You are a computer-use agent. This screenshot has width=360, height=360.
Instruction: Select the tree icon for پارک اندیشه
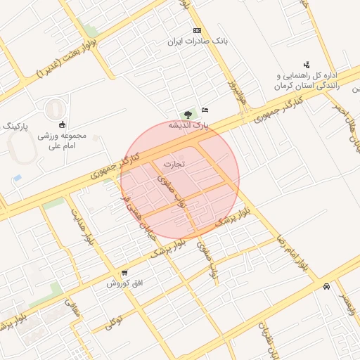(188, 115)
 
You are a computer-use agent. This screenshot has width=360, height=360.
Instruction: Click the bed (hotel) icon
(205, 110)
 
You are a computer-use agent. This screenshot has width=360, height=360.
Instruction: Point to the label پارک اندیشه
(188, 125)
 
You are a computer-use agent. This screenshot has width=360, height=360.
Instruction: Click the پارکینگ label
(18, 125)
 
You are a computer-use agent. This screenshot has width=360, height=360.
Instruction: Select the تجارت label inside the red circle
(173, 165)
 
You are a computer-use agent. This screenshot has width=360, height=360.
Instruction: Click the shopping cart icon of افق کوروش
(124, 273)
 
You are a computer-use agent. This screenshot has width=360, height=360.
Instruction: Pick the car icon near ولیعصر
(326, 286)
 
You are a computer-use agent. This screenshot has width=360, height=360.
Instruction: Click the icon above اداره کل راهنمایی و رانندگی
(306, 65)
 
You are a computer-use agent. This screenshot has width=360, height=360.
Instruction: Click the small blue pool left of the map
(18, 177)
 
